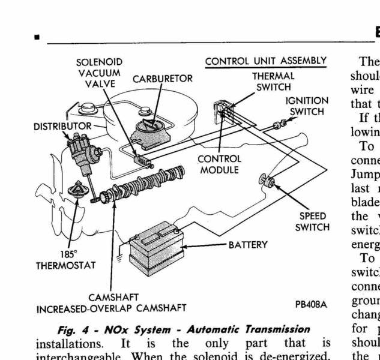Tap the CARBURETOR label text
[163, 79]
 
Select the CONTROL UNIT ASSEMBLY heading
[265, 61]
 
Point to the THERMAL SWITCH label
[273, 82]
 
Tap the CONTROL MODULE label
[219, 164]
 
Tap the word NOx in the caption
[130, 329]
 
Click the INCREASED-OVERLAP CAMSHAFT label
[112, 309]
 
